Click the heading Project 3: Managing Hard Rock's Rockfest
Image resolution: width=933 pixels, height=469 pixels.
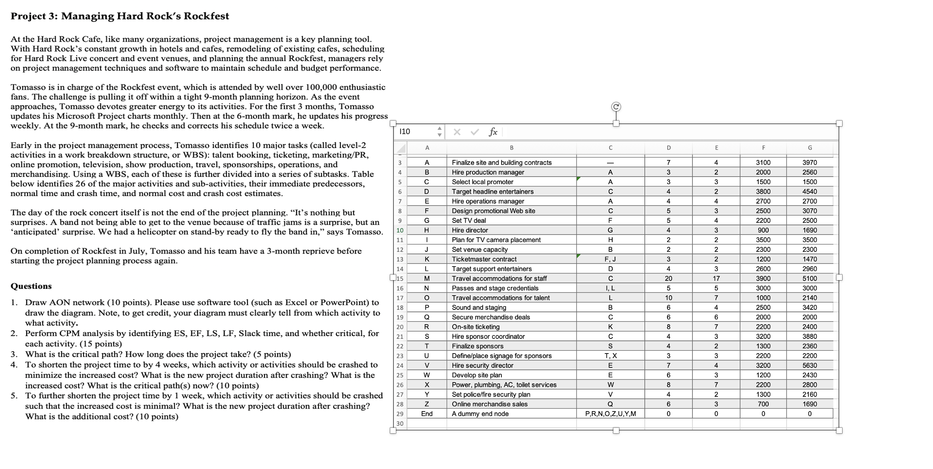point(120,16)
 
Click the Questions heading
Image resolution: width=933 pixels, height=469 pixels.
point(31,286)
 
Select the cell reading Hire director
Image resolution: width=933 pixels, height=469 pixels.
point(470,230)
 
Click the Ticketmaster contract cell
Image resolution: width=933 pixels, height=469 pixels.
point(484,259)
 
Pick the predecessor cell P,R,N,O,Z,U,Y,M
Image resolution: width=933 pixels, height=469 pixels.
point(610,414)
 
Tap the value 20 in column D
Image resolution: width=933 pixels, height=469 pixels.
point(669,279)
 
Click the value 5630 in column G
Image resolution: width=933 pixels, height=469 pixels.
point(810,365)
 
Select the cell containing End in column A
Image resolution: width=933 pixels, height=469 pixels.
point(427,414)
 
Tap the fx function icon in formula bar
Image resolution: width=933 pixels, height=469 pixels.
point(493,132)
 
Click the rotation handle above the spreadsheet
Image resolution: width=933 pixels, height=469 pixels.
point(616,107)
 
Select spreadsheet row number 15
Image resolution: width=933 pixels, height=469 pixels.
point(400,279)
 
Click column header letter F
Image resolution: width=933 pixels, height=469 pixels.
point(763,148)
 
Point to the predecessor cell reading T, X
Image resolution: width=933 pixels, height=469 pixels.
point(610,356)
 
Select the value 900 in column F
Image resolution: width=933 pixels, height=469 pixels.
point(763,230)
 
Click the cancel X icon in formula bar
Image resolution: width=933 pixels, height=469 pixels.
point(457,132)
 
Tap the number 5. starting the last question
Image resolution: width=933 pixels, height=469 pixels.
point(14,396)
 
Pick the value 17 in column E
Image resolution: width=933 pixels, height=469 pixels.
point(716,279)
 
